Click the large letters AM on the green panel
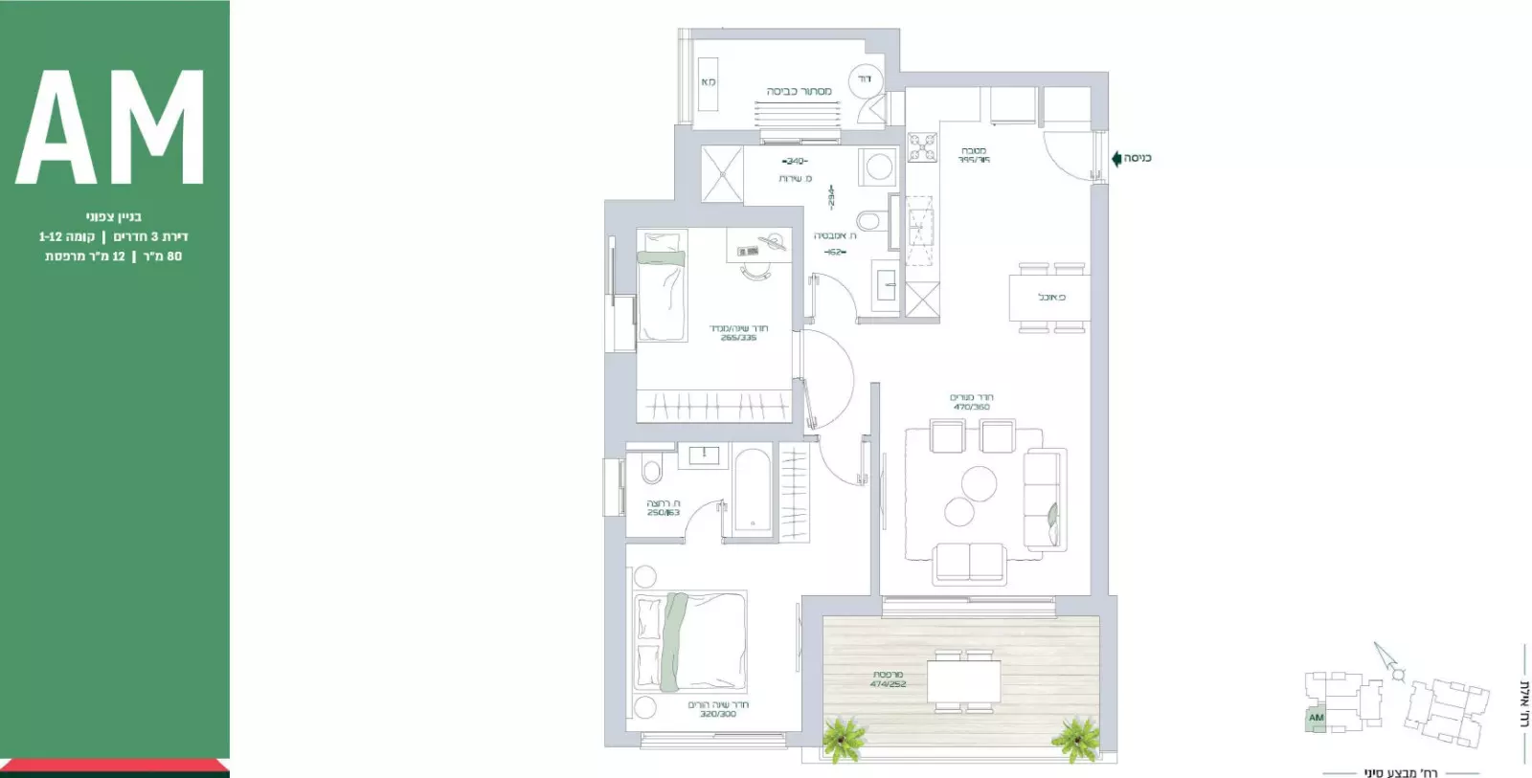pyautogui.click(x=111, y=127)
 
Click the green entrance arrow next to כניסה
pyautogui.click(x=1116, y=158)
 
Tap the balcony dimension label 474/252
pyautogui.click(x=888, y=684)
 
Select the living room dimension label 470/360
pyautogui.click(x=971, y=407)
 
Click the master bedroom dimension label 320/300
pyautogui.click(x=717, y=714)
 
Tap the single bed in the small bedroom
pyautogui.click(x=661, y=287)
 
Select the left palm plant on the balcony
pyautogui.click(x=844, y=739)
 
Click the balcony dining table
pyautogui.click(x=963, y=680)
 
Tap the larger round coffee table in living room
pyautogui.click(x=979, y=481)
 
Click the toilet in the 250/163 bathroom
pyautogui.click(x=652, y=472)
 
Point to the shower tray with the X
pyautogui.click(x=722, y=173)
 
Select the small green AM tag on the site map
pyautogui.click(x=1316, y=718)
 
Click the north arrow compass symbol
pyautogui.click(x=1386, y=661)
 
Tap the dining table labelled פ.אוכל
pyautogui.click(x=1049, y=298)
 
